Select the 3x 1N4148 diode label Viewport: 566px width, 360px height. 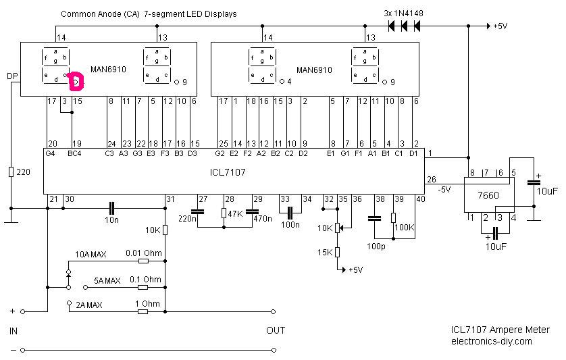tap(403, 14)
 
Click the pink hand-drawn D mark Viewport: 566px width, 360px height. tap(75, 81)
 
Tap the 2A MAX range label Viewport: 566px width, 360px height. tap(90, 305)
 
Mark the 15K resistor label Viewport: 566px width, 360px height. tap(324, 253)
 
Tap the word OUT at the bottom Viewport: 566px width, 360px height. tap(276, 331)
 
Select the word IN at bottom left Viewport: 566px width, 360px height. tap(14, 331)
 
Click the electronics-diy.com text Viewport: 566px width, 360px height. tap(491, 341)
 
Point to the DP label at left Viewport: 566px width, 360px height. tap(11, 76)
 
